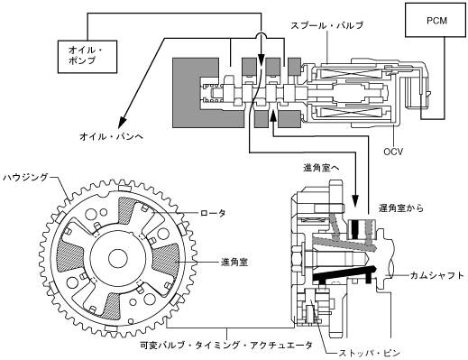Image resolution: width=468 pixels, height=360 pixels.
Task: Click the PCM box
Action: click(436, 20)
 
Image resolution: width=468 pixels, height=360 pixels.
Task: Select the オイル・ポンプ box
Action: click(87, 57)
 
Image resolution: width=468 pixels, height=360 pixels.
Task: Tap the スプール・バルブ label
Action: click(326, 25)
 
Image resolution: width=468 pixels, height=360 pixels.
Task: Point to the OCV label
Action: click(393, 152)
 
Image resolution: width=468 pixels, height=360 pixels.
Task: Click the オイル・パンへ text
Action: click(112, 137)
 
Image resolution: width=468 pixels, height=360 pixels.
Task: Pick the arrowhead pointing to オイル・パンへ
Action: click(123, 122)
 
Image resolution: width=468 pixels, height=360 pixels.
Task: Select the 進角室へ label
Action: click(321, 168)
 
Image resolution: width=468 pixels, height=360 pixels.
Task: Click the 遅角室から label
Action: click(401, 208)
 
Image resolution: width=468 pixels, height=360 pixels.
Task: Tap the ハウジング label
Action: click(25, 178)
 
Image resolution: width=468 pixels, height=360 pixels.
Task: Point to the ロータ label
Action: click(213, 213)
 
